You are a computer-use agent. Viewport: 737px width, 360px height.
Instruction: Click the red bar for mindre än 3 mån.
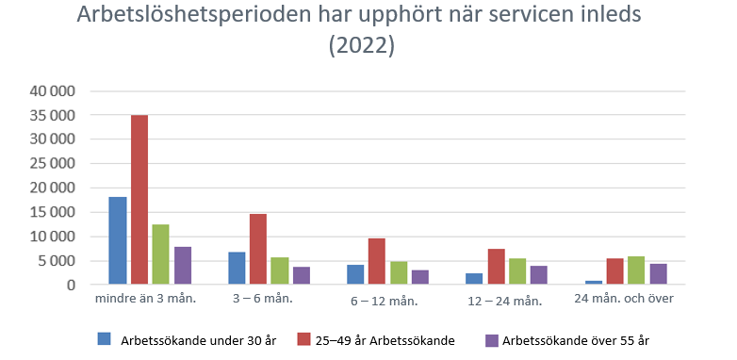click(139, 200)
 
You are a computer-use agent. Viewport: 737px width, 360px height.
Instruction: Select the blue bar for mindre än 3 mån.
click(118, 240)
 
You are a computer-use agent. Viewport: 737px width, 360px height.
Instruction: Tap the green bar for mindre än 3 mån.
click(161, 254)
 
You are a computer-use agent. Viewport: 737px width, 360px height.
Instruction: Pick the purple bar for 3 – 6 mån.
click(302, 275)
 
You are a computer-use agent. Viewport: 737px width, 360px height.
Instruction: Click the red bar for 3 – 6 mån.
click(258, 249)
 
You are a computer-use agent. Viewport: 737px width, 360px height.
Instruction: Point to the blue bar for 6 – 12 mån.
click(355, 274)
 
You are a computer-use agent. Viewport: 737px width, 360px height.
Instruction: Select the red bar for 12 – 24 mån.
click(496, 267)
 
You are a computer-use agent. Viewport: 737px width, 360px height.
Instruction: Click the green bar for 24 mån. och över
click(636, 270)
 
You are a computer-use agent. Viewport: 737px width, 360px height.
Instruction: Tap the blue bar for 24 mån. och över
click(593, 282)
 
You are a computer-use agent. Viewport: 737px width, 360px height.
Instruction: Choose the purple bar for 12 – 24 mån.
click(538, 274)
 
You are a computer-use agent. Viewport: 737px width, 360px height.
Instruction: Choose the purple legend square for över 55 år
click(490, 338)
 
